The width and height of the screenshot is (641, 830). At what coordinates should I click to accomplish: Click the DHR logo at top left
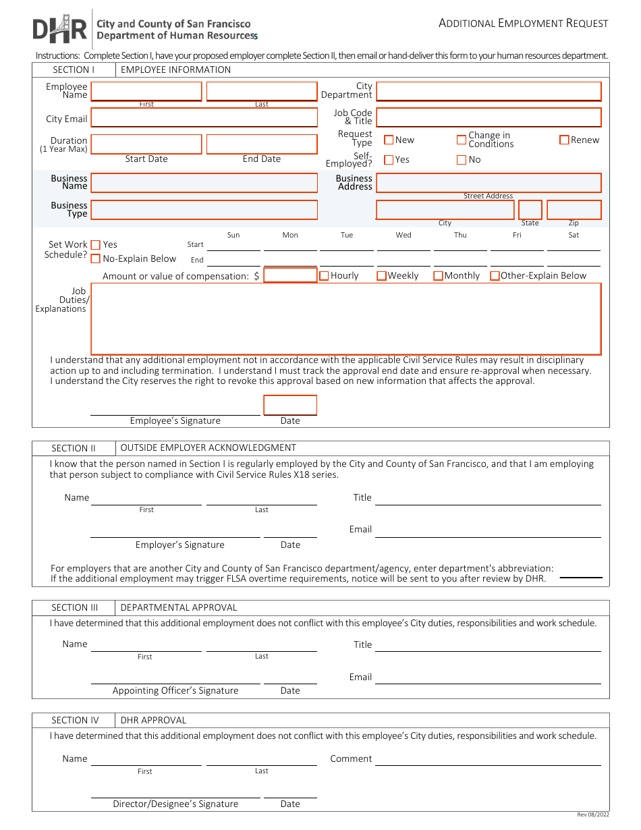[59, 29]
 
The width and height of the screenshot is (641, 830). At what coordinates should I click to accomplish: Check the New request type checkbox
[389, 140]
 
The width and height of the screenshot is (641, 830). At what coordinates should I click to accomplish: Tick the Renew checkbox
[564, 140]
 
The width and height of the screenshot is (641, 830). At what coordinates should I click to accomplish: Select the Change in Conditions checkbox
[462, 140]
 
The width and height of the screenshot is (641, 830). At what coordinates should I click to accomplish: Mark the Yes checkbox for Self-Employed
[389, 160]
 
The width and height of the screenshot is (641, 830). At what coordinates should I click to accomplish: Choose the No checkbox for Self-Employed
[462, 160]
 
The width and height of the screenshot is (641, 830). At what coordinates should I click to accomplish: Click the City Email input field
[204, 118]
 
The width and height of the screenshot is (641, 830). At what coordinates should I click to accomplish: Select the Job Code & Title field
[488, 117]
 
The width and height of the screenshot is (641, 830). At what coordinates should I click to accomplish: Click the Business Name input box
[204, 183]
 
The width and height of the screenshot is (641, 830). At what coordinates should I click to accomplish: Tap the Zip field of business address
[574, 210]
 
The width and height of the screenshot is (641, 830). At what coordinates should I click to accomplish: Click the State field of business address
[530, 210]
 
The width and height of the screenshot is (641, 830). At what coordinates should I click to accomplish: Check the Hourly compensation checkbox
[324, 275]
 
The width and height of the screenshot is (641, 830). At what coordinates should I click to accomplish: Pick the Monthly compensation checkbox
[438, 275]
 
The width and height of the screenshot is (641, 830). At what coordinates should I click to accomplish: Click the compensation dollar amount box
[290, 275]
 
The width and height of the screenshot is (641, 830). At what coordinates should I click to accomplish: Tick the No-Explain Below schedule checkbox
[96, 258]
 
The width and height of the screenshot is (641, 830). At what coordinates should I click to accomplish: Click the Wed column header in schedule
[403, 235]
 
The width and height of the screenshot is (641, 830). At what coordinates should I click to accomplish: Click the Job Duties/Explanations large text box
[345, 319]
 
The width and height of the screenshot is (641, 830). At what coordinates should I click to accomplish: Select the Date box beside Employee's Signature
[290, 405]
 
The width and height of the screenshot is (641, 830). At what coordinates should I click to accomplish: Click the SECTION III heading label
[74, 607]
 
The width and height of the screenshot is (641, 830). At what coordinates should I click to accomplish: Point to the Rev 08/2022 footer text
[592, 814]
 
